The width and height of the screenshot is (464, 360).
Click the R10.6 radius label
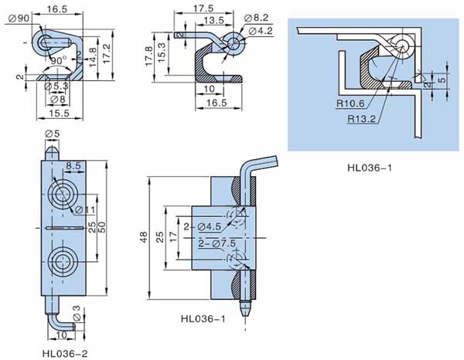pyautogui.click(x=350, y=104)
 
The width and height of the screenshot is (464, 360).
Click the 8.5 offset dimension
pyautogui.click(x=73, y=166)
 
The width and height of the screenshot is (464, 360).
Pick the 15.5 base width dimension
pyautogui.click(x=51, y=113)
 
